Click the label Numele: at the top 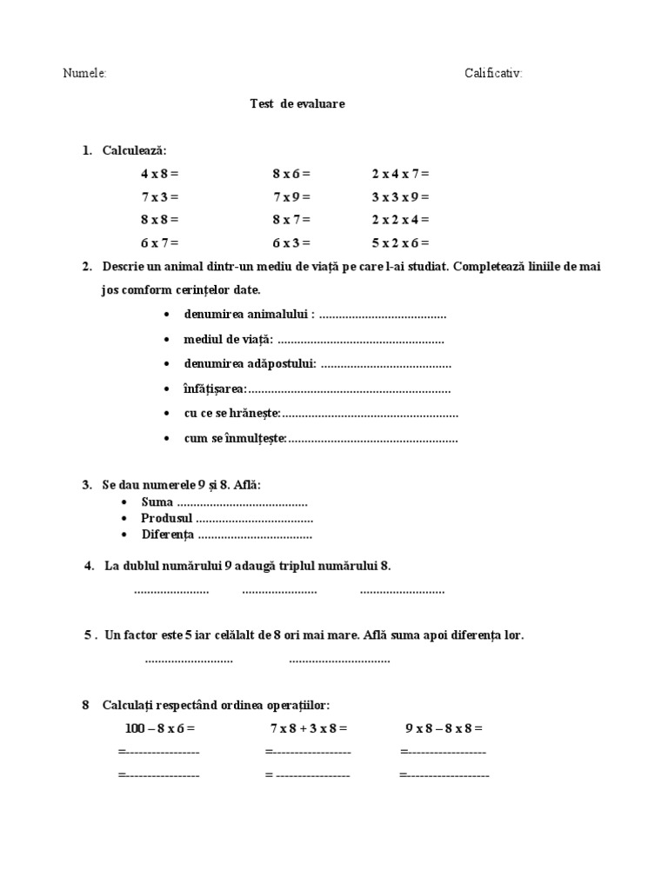(x=84, y=75)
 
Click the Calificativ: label (x=493, y=75)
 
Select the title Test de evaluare (x=297, y=103)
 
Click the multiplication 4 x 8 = (x=159, y=174)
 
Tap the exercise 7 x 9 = (x=291, y=196)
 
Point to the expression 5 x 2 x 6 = (x=400, y=242)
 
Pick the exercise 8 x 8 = (x=159, y=220)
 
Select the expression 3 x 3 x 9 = (x=400, y=196)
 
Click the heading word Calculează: (x=133, y=150)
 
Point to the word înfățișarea (x=215, y=389)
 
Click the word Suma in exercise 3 (x=157, y=502)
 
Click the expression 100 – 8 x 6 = (x=160, y=728)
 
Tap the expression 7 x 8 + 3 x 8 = (x=309, y=728)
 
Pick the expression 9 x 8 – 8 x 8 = (x=444, y=728)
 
